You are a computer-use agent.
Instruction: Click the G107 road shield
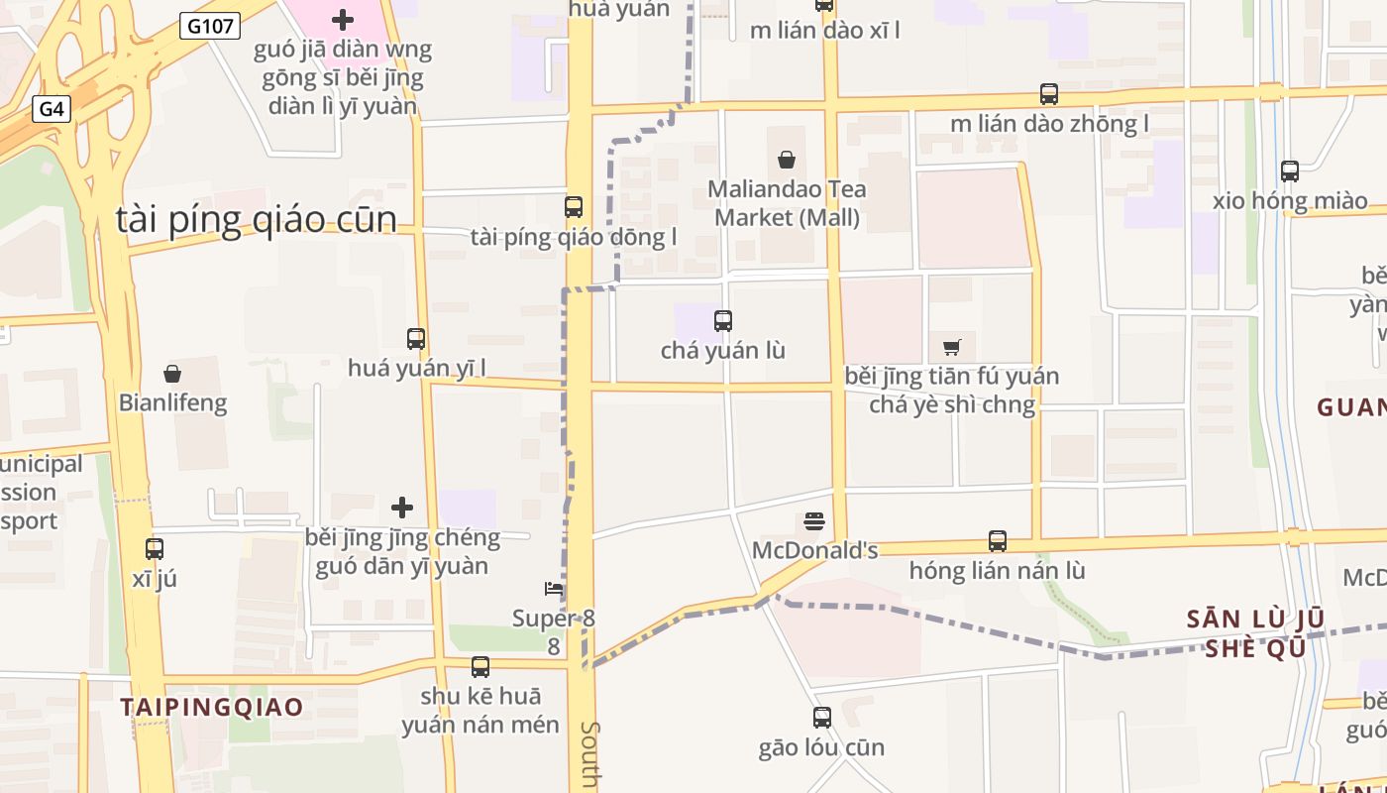[211, 27]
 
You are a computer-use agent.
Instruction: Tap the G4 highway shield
[52, 109]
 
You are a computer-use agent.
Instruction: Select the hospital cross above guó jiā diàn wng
[343, 19]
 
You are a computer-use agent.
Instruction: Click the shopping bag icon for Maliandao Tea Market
[787, 159]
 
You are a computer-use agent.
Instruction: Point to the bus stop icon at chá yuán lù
[723, 320]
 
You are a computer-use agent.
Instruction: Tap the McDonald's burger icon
[814, 520]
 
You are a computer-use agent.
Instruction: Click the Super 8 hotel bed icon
[555, 589]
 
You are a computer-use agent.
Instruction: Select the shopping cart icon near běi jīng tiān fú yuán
[952, 347]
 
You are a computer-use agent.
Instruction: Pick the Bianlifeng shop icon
[172, 373]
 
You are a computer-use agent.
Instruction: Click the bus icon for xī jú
[155, 548]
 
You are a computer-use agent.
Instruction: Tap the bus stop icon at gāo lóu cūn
[822, 717]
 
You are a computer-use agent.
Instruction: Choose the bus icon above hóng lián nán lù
[998, 541]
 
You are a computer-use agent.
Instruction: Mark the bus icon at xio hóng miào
[1290, 170]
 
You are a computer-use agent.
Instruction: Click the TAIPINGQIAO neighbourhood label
[212, 707]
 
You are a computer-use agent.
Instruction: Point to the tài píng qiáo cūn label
[257, 219]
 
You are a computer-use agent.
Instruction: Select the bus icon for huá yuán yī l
[416, 338]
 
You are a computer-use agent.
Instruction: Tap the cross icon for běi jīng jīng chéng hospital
[402, 508]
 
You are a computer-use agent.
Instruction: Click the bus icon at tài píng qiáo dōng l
[574, 206]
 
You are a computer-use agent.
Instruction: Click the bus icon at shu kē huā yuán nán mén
[480, 666]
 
